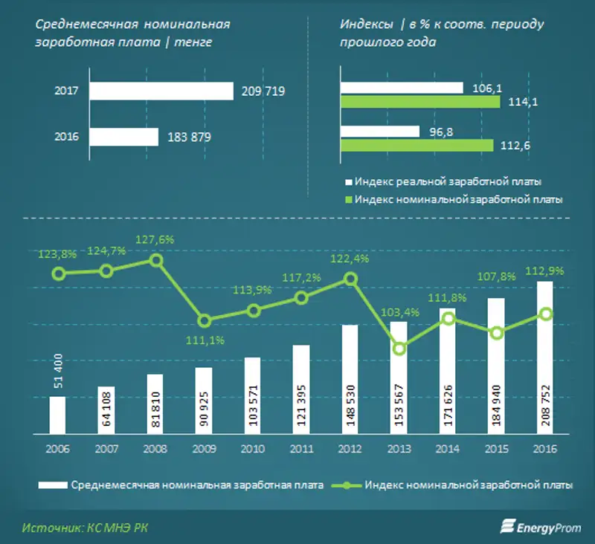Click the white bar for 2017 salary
(x=161, y=91)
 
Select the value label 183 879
(x=190, y=137)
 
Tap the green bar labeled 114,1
(x=419, y=101)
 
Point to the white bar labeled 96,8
(x=379, y=132)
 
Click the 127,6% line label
(x=154, y=239)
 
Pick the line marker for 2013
(x=399, y=349)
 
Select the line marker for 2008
(x=155, y=260)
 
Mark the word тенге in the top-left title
(x=192, y=42)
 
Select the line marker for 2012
(x=350, y=279)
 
